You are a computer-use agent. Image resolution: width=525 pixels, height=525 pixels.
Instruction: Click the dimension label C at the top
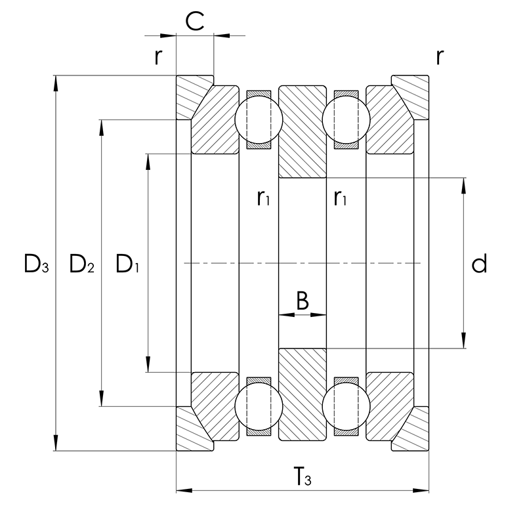click(194, 21)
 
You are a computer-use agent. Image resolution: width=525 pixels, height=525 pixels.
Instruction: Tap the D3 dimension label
click(36, 264)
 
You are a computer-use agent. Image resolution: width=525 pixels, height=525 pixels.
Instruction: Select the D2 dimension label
click(82, 264)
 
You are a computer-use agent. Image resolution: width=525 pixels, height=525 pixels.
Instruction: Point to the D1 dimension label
click(128, 264)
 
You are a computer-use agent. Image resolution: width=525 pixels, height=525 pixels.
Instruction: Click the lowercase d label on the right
click(480, 264)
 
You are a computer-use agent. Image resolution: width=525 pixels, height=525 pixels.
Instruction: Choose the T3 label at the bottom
click(303, 478)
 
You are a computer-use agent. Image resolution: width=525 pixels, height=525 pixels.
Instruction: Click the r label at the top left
click(157, 57)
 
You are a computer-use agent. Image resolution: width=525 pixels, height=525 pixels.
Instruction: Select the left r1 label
click(264, 197)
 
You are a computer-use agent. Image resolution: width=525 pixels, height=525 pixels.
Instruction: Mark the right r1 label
click(340, 197)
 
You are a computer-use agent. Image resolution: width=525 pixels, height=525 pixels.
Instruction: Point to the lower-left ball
click(259, 407)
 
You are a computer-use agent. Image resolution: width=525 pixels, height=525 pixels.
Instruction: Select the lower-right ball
click(346, 407)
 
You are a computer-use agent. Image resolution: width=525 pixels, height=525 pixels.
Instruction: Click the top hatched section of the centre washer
click(303, 131)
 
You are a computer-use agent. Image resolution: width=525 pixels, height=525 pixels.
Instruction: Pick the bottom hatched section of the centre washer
click(303, 394)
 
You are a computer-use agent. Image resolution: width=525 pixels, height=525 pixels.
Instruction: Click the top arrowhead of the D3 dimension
click(56, 81)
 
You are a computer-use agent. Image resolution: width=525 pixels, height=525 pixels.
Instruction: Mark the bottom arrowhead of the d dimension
click(465, 344)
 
